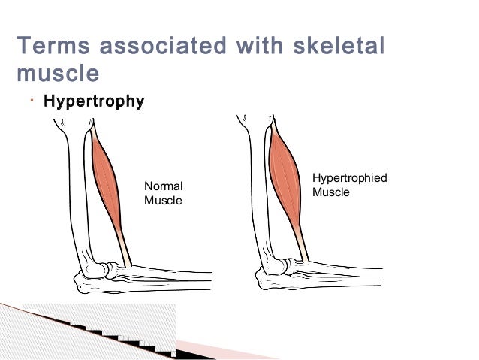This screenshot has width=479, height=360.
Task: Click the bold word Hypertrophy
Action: (94, 101)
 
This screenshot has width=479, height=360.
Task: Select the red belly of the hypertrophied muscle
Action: (285, 177)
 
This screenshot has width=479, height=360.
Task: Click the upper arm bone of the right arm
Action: (255, 188)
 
